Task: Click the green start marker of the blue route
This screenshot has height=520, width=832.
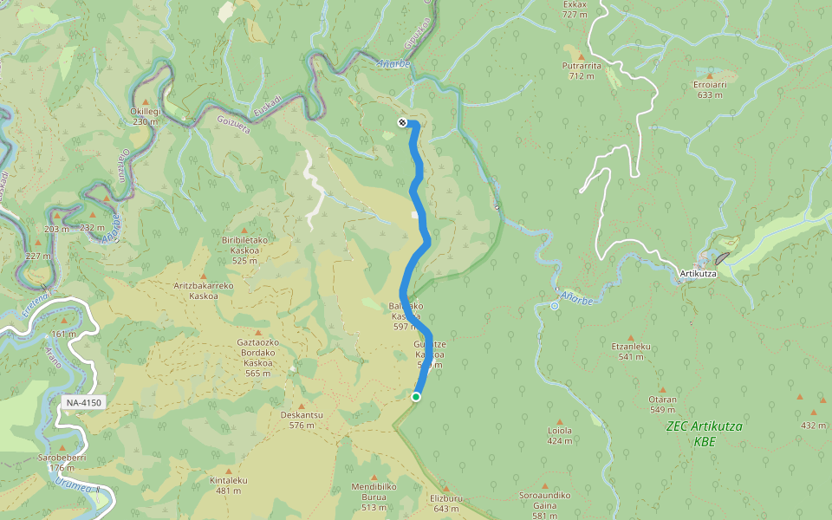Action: point(416,397)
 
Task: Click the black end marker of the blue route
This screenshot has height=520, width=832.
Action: point(403,122)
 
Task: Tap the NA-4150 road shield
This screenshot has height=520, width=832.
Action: point(84,403)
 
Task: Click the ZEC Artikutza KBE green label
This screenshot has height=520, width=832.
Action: point(705,433)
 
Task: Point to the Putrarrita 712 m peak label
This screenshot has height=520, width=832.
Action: point(582,70)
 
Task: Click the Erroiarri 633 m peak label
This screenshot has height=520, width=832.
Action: point(709,89)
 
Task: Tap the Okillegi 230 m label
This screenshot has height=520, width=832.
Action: point(145,116)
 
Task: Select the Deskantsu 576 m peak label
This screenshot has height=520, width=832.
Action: point(302,419)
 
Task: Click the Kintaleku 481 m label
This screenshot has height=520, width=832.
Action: point(229,485)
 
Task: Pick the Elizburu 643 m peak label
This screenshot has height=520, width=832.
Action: point(447,503)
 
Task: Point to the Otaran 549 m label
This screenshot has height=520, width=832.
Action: point(662,405)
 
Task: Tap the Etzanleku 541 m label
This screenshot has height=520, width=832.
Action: point(630,351)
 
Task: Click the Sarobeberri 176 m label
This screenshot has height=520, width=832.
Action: point(62,462)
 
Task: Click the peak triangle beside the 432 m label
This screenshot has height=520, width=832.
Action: point(800,399)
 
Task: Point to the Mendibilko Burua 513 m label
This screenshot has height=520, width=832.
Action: point(374,491)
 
